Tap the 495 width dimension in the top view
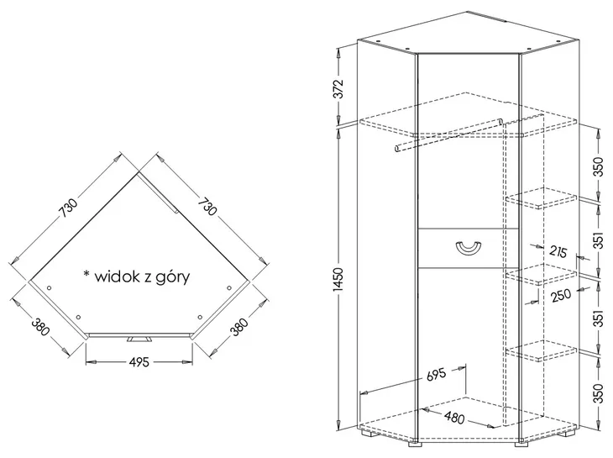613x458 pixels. pyautogui.click(x=139, y=362)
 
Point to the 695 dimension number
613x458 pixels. pyautogui.click(x=436, y=375)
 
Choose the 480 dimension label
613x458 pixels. pyautogui.click(x=454, y=418)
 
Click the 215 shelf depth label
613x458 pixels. pyautogui.click(x=558, y=251)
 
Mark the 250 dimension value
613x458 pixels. pyautogui.click(x=561, y=296)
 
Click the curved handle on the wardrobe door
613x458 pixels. pyautogui.click(x=468, y=250)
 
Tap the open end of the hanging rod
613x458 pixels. pyautogui.click(x=397, y=149)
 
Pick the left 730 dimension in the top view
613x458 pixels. pyautogui.click(x=69, y=208)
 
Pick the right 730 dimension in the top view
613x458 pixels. pyautogui.click(x=207, y=207)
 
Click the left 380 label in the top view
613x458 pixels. pyautogui.click(x=40, y=327)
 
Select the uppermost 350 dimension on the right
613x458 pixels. pyautogui.click(x=598, y=166)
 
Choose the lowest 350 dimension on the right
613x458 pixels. pyautogui.click(x=598, y=394)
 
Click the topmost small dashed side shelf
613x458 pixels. pyautogui.click(x=541, y=198)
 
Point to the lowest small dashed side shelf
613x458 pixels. pyautogui.click(x=541, y=350)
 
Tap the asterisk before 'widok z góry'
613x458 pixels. pyautogui.click(x=86, y=273)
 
